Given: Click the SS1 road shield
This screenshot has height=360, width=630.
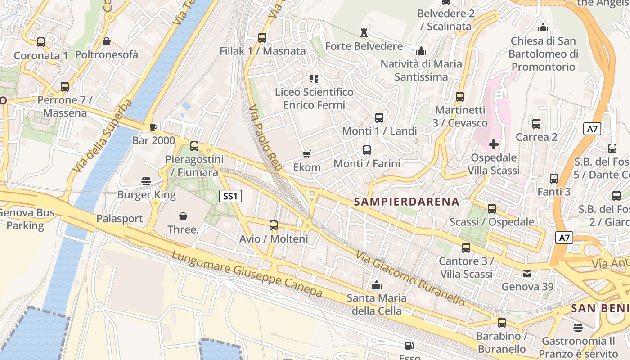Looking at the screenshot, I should coord(231,196).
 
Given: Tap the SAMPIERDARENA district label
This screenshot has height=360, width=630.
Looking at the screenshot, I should coord(406,202).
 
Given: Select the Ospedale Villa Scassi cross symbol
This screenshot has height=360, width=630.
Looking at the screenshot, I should coord(494,144).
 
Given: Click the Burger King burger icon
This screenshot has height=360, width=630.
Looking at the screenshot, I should coord(146,181).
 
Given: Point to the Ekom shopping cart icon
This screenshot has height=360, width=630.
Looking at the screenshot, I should coord(307,154).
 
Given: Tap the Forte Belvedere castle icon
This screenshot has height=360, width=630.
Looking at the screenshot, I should coord(364,32).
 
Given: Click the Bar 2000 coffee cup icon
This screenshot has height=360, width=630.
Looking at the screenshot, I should coord(153,127).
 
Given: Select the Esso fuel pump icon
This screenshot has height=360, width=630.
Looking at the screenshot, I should coord(409,346).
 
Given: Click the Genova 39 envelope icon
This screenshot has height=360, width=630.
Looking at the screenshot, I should coord(527,273).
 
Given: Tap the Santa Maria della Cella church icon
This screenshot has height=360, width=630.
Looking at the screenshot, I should coord(377,285).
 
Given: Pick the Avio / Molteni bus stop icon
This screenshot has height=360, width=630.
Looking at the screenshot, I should coord(273,225).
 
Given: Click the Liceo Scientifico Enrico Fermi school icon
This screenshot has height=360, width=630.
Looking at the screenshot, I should coord(314,79).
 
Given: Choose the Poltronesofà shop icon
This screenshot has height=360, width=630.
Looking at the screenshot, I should coord(107,41).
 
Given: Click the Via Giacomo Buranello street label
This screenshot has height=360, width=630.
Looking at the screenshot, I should coord(410,279).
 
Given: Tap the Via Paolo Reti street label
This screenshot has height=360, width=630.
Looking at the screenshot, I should coord(265,139).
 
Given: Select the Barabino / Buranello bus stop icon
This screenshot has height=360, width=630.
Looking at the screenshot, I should coord(501,323).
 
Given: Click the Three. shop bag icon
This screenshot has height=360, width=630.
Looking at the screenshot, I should coord(183,216).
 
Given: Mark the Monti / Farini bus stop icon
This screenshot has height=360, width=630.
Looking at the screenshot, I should coord(367,150).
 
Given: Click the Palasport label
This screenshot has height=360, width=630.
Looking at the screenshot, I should coord(119,219).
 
